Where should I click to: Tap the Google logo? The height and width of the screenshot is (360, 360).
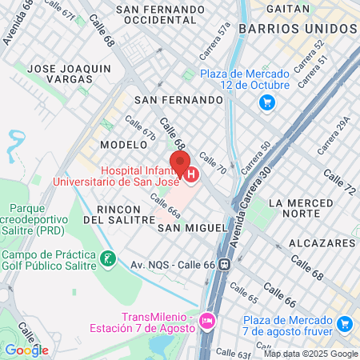26,350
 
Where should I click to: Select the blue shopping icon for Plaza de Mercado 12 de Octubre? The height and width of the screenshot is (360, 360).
267,102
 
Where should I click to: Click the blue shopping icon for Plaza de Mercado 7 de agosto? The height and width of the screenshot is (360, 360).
345,323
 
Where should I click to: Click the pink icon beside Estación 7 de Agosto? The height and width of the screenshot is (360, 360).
207,321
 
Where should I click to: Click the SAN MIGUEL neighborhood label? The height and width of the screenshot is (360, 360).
192,228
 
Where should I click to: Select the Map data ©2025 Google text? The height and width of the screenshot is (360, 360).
311,354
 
